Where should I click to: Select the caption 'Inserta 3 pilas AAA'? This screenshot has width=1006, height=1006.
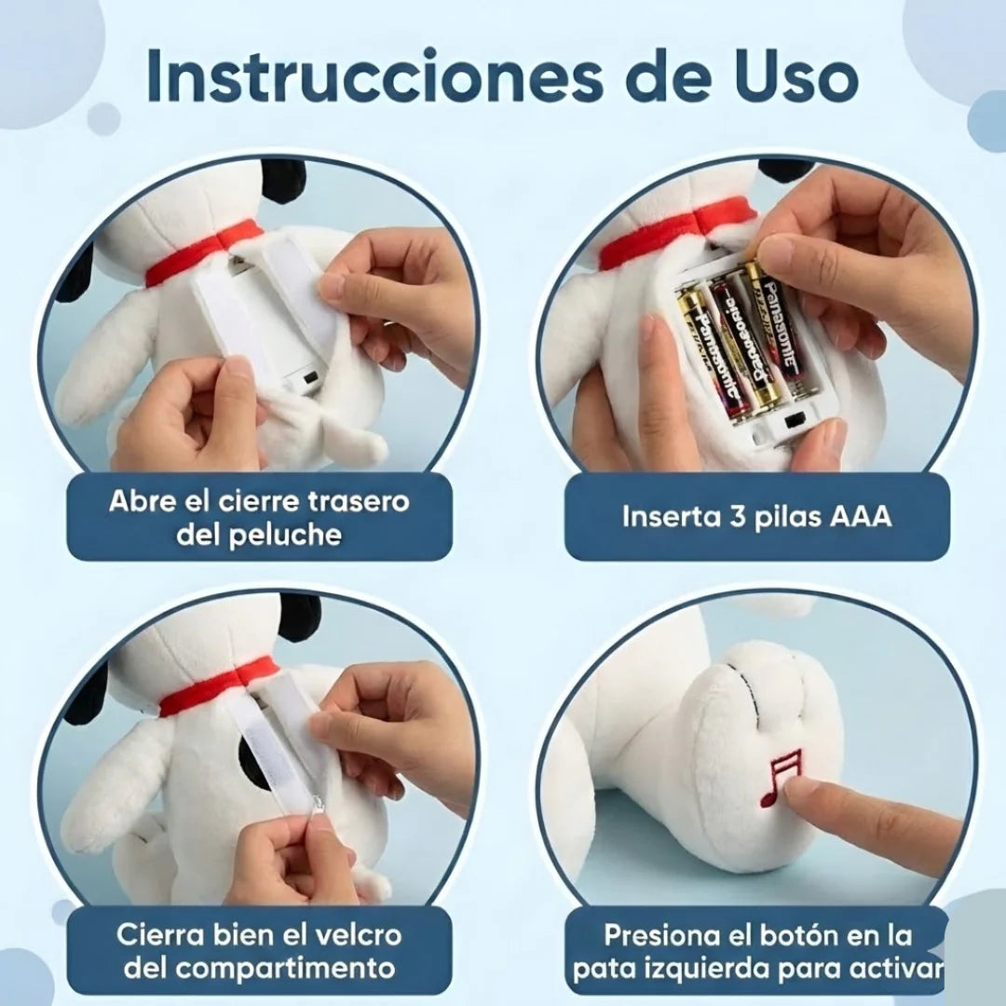pyautogui.click(x=756, y=516)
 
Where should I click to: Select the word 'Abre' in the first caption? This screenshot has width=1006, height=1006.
pyautogui.click(x=141, y=501)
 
